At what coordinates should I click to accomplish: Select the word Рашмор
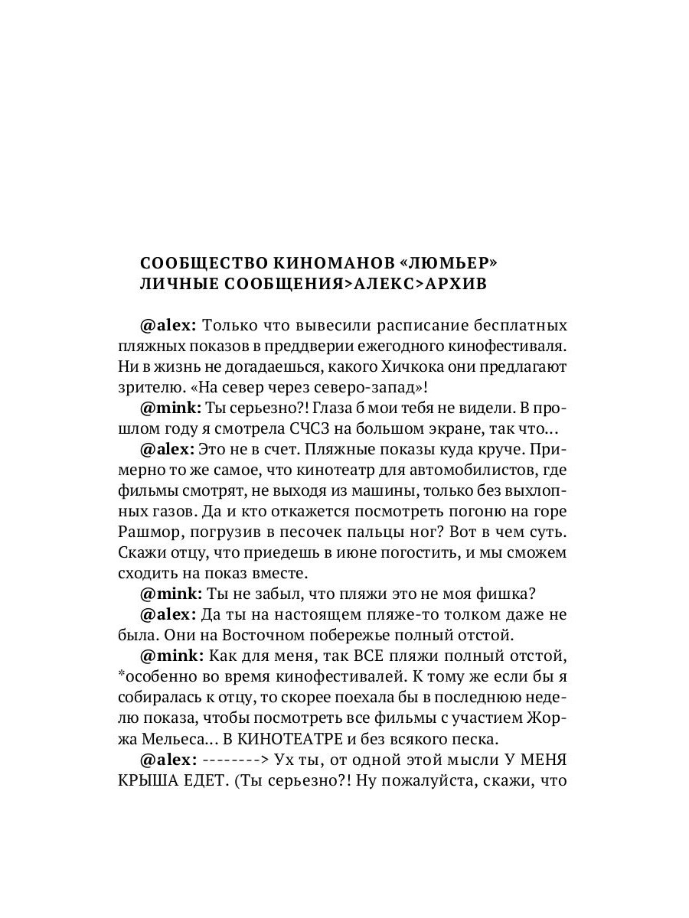tap(149, 531)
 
